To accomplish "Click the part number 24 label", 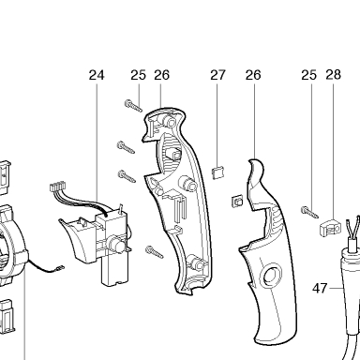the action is [x=97, y=75].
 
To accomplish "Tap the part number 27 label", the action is [x=217, y=75].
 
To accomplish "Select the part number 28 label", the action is [x=333, y=75].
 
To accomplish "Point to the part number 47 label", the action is [x=320, y=288].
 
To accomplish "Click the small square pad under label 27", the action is [x=217, y=172].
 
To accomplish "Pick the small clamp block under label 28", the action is [x=330, y=227].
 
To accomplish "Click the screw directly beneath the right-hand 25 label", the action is [x=309, y=212].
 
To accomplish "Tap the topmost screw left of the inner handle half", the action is [x=133, y=105].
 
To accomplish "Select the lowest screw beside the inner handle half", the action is [x=155, y=252].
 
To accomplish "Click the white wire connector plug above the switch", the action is [x=57, y=187].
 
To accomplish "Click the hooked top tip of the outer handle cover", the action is [x=255, y=162].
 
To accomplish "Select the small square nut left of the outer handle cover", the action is [x=236, y=201].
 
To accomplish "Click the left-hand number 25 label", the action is [x=138, y=75].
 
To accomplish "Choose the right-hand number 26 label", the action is [x=253, y=75].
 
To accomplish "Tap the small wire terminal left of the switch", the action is [x=60, y=268].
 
